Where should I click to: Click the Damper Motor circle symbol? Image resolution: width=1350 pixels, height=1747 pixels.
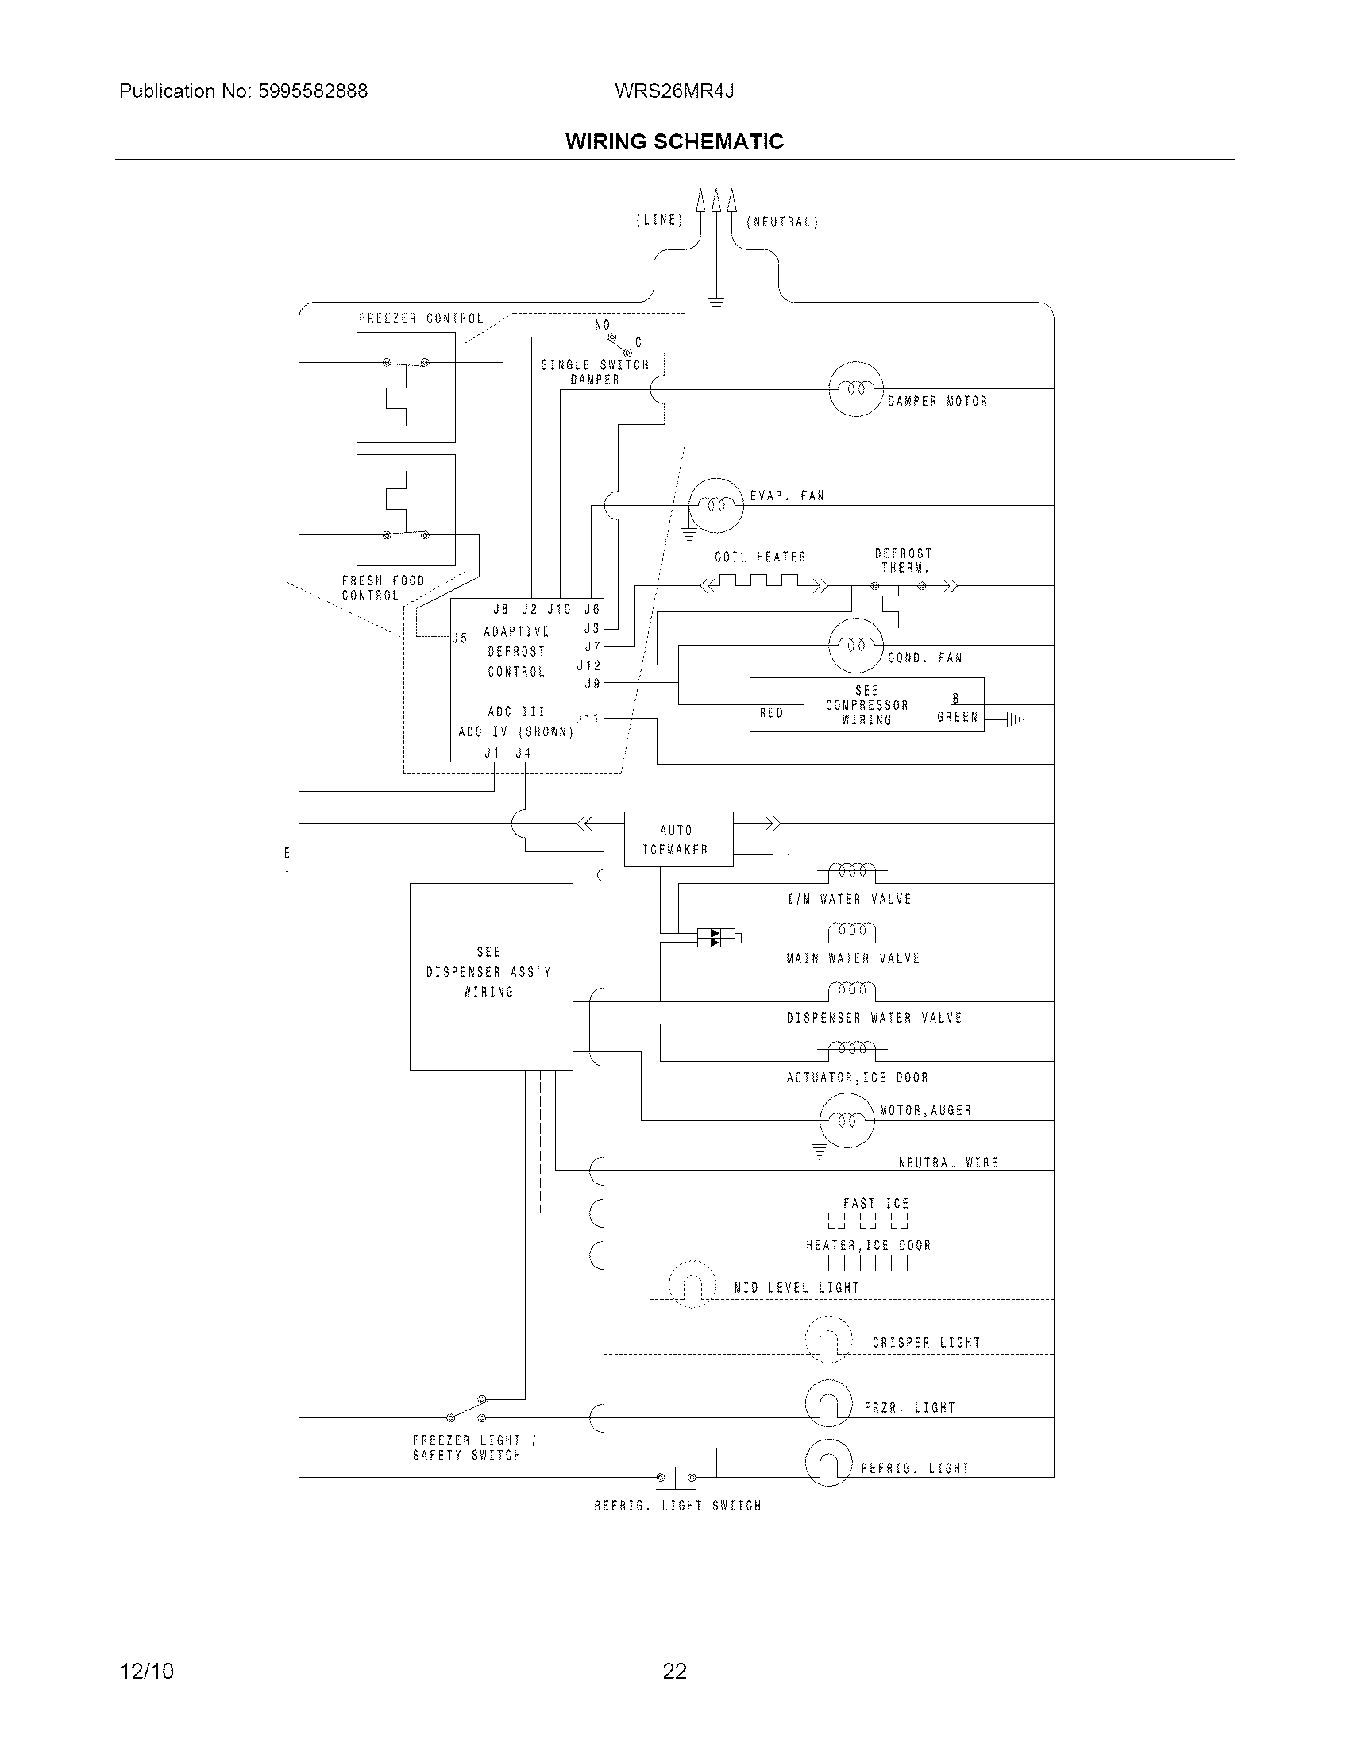click(856, 389)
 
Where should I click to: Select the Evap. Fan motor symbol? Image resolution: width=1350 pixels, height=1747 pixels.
click(716, 505)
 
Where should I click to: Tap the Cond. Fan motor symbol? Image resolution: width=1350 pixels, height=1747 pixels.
click(856, 645)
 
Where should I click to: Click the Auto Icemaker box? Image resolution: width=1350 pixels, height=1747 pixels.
click(678, 839)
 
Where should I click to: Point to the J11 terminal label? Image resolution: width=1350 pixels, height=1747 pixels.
click(588, 719)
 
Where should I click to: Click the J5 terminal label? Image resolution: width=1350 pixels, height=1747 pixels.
click(460, 638)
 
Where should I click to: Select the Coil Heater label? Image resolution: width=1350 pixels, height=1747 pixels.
click(760, 557)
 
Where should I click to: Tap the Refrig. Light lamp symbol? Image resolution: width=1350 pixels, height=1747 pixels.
click(828, 1463)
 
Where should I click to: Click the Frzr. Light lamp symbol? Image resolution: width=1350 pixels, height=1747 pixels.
click(828, 1404)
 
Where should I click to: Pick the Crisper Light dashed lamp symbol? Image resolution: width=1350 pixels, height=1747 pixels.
click(828, 1339)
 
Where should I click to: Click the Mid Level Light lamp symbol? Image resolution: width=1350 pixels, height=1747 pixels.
click(692, 1284)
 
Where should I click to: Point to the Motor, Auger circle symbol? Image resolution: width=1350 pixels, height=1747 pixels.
click(847, 1120)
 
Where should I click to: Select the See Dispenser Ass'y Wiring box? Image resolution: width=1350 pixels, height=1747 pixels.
click(491, 976)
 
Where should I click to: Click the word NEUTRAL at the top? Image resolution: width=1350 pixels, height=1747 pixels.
click(782, 222)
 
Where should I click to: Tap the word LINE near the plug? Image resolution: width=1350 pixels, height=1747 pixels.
click(660, 220)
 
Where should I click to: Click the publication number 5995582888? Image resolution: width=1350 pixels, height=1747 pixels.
click(312, 91)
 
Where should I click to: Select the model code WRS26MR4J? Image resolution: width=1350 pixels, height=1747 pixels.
click(674, 91)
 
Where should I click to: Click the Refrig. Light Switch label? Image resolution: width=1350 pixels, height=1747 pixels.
click(677, 1506)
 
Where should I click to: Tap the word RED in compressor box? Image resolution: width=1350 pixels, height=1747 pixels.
click(771, 713)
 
